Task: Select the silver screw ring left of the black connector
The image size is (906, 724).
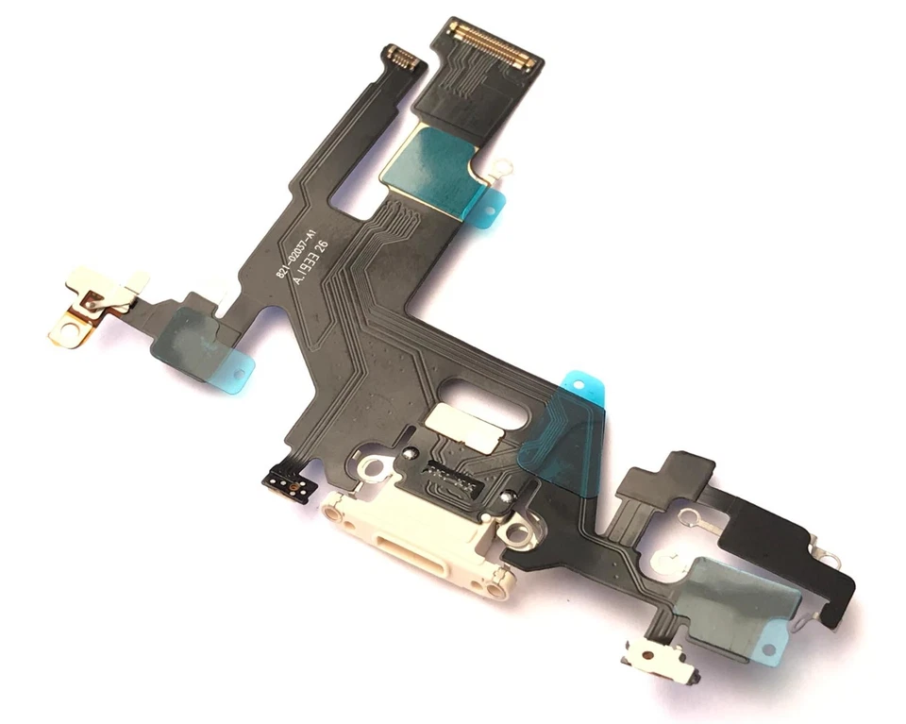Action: coord(372,468)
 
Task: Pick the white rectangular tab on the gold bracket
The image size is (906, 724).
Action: coord(132,284)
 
